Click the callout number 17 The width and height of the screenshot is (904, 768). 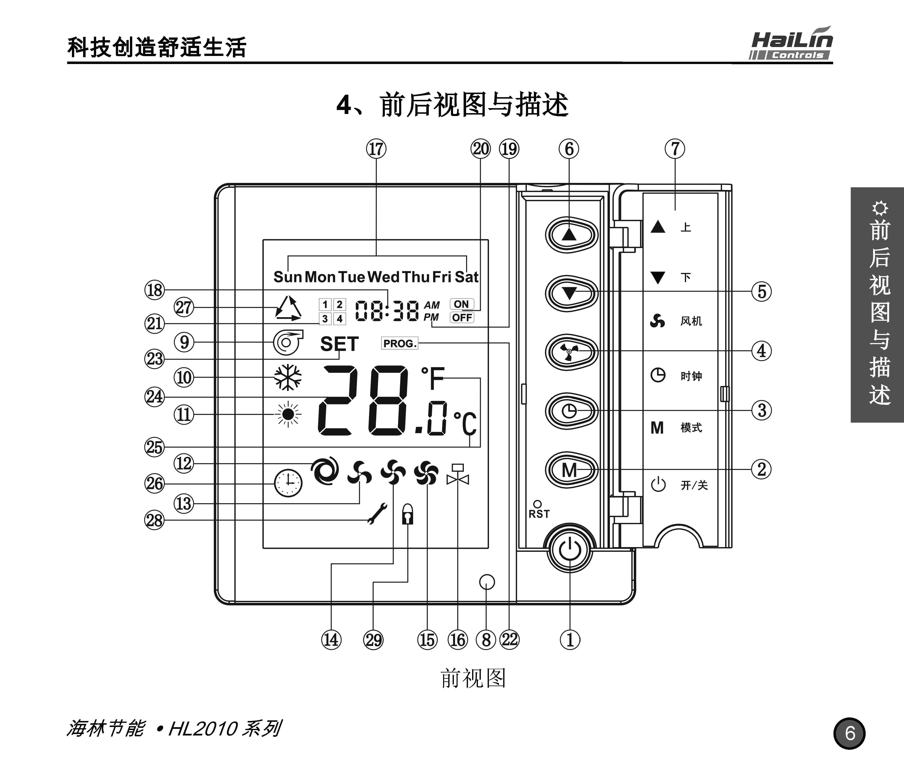click(x=376, y=149)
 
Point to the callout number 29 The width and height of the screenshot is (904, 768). click(x=373, y=640)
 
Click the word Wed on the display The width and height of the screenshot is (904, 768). click(x=383, y=277)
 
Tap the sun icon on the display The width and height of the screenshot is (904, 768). click(x=287, y=414)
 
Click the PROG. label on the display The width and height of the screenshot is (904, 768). click(x=399, y=343)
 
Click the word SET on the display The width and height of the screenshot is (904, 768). click(x=339, y=344)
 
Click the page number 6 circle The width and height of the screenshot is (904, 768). click(x=849, y=733)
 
